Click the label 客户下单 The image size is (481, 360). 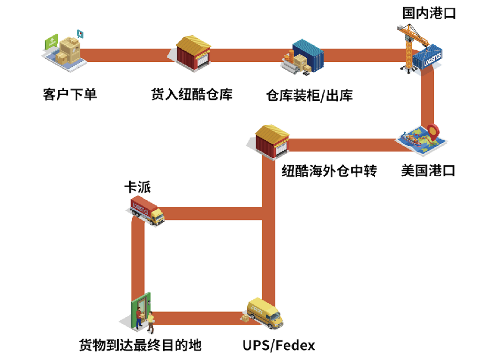click(x=70, y=94)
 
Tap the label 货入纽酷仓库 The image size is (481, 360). click(x=192, y=94)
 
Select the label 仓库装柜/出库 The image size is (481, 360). click(x=309, y=96)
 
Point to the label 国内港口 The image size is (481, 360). click(x=429, y=13)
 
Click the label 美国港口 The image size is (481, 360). click(x=428, y=171)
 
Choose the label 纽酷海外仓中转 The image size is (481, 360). click(x=329, y=171)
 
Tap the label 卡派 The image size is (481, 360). click(x=137, y=187)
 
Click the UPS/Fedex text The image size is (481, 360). click(x=279, y=346)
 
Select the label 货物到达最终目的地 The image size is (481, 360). click(x=140, y=346)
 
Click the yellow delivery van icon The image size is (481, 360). click(x=265, y=313)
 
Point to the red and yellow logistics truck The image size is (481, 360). click(x=147, y=210)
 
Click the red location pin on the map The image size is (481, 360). click(x=434, y=130)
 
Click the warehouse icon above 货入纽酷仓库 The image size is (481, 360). click(x=194, y=52)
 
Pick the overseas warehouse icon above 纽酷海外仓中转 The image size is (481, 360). click(x=273, y=141)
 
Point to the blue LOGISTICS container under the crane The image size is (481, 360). click(x=431, y=60)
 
